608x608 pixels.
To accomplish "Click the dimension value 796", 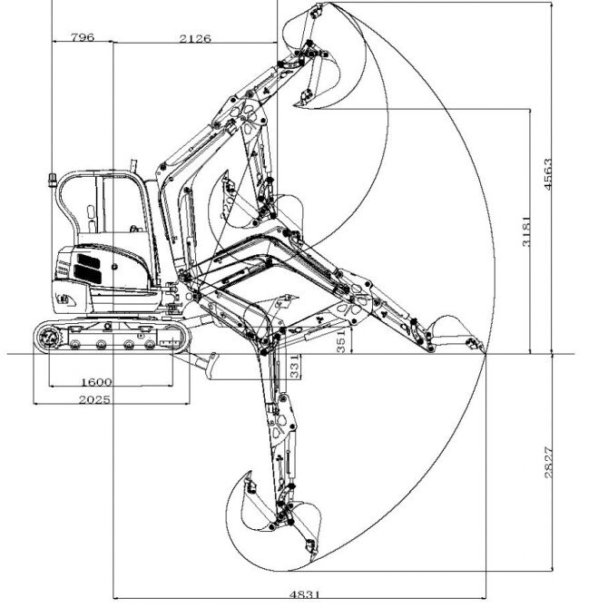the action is pyautogui.click(x=83, y=37).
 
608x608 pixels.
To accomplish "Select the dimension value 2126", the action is pyautogui.click(x=195, y=38).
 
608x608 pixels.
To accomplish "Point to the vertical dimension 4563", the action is pyautogui.click(x=547, y=173).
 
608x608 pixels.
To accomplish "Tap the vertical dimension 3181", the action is pyautogui.click(x=526, y=231).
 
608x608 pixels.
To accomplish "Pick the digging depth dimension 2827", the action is pyautogui.click(x=548, y=463).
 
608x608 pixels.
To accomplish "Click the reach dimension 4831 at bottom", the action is pyautogui.click(x=305, y=594).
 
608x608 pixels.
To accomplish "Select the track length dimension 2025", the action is pyautogui.click(x=94, y=399).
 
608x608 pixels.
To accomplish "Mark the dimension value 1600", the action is pyautogui.click(x=96, y=382).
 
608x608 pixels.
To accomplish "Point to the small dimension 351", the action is pyautogui.click(x=341, y=341).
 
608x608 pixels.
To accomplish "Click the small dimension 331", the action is pyautogui.click(x=295, y=367).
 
